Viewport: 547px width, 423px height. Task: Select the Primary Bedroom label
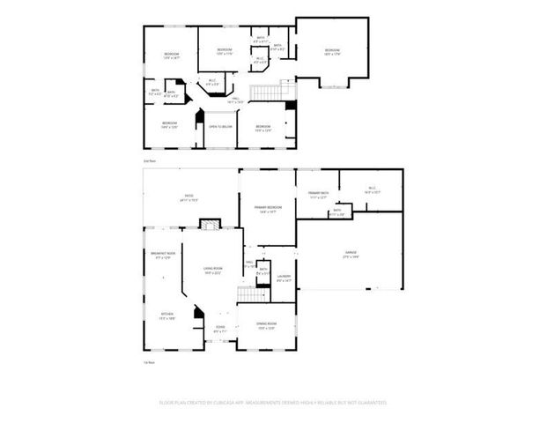tap(267, 209)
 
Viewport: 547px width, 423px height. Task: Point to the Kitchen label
tap(166, 315)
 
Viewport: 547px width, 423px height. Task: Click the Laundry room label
tap(285, 279)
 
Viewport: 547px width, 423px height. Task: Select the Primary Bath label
tap(318, 195)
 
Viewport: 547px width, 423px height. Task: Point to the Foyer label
tap(220, 329)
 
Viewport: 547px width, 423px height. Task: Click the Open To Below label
tap(220, 127)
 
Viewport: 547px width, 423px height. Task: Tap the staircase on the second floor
tap(267, 91)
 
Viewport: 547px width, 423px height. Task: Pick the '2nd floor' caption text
tap(150, 161)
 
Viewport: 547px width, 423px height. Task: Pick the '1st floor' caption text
tap(150, 362)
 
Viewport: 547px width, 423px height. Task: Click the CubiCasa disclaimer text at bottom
tap(273, 402)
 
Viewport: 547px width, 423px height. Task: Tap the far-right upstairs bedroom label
tap(331, 51)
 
